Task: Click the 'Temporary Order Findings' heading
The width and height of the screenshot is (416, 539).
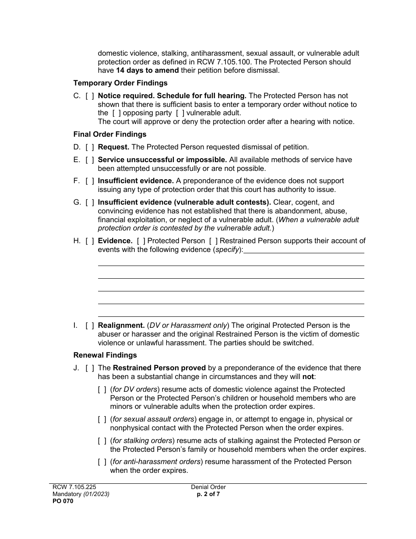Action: pos(120,83)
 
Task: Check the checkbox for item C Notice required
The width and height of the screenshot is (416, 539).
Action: pos(89,96)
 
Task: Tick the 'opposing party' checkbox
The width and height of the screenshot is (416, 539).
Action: pos(116,113)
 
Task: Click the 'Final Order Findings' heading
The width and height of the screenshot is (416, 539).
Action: pos(110,134)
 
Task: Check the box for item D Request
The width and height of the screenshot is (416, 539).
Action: pos(89,147)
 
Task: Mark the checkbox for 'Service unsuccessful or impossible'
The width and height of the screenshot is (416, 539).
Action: pos(89,160)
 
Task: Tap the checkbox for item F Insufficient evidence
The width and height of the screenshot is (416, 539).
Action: pos(89,181)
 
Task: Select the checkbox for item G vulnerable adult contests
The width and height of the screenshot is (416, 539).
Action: pos(89,202)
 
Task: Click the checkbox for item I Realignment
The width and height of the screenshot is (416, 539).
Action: pos(89,326)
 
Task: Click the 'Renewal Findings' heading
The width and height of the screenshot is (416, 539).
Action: pos(105,355)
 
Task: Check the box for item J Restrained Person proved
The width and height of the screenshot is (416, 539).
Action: pos(89,368)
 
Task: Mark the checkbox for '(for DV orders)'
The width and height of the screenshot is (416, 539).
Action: pos(102,390)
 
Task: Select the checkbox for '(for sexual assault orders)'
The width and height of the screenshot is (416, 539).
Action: pos(102,419)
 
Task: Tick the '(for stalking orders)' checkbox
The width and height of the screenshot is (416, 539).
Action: pos(102,441)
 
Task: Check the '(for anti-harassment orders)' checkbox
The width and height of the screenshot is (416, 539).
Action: pos(102,462)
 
